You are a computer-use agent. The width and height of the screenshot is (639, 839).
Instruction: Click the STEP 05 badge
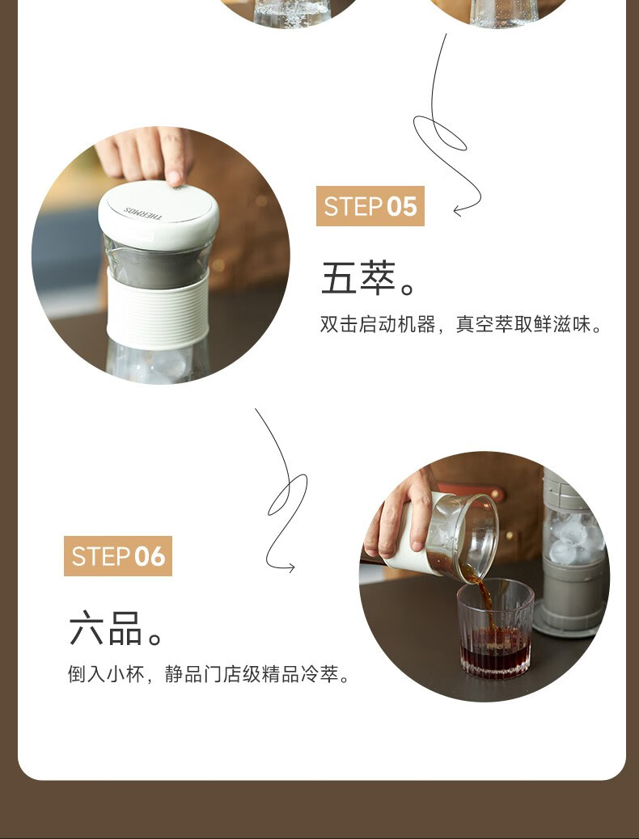pos(370,206)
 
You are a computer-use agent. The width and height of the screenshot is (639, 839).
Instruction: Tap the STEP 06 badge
pos(118,556)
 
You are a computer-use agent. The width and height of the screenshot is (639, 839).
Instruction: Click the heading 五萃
pos(358,278)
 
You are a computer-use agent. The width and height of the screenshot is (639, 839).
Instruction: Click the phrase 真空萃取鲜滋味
pos(523,325)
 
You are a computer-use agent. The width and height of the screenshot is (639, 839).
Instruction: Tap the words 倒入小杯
pos(107,674)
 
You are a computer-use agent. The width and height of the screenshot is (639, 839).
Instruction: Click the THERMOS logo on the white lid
pos(142,213)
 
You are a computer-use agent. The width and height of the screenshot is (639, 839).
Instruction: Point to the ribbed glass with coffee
pos(496,628)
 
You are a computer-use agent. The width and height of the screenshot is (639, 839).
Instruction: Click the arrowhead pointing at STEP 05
pos(459,211)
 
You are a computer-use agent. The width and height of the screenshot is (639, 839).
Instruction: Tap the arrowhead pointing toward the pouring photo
pos(290,567)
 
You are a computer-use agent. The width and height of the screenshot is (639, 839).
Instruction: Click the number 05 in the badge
pos(402,207)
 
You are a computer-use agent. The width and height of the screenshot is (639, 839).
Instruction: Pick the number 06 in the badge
pos(150,556)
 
